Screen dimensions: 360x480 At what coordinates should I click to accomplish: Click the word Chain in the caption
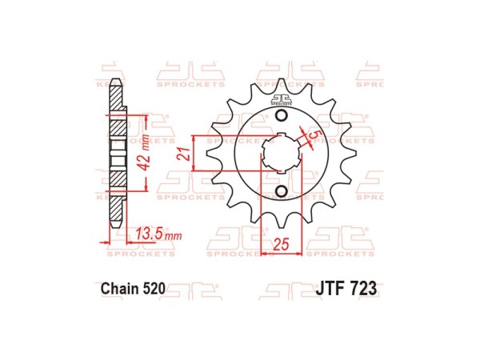tap(120, 288)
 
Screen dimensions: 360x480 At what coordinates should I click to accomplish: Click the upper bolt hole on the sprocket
tap(281, 118)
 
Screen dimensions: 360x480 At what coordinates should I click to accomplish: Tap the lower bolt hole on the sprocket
tap(281, 191)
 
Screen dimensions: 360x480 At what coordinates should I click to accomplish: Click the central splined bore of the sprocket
tap(281, 154)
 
